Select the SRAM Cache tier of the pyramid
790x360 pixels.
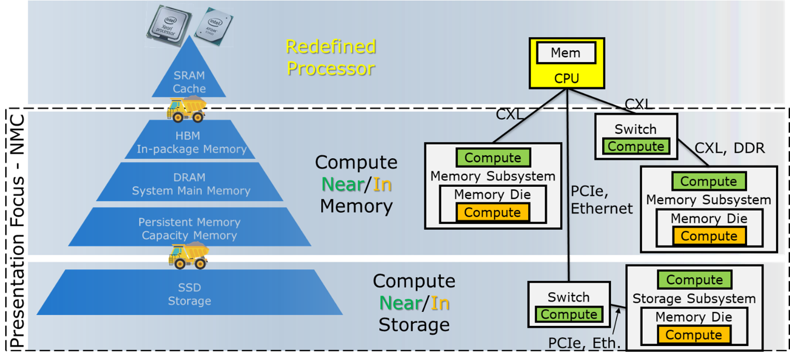(189, 82)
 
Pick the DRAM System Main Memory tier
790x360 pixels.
(190, 184)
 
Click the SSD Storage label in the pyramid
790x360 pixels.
(189, 294)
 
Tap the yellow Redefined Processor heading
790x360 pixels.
(330, 57)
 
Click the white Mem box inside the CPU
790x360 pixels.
(566, 53)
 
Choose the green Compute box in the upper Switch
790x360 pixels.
(635, 147)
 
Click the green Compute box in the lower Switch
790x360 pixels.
(569, 314)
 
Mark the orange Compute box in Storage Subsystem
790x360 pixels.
(694, 335)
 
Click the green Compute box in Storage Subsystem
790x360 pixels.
(694, 280)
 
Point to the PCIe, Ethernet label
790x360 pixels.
(602, 200)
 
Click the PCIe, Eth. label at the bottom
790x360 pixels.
(584, 343)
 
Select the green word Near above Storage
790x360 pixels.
(400, 303)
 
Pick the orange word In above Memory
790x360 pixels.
(382, 184)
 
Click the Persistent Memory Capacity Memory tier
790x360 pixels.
(189, 229)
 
